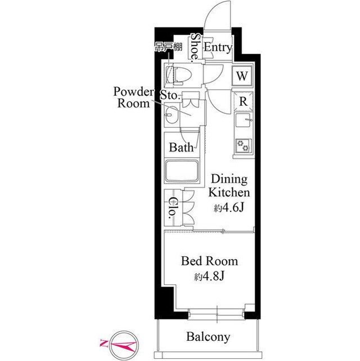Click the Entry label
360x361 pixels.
click(x=218, y=47)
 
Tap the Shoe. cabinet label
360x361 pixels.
click(x=195, y=47)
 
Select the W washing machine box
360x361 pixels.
click(x=242, y=75)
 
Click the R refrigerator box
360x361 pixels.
click(x=243, y=101)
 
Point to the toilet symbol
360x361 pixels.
click(x=179, y=75)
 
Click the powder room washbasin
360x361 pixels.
click(x=171, y=115)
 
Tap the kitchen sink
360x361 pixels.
click(x=244, y=120)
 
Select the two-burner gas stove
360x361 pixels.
click(x=244, y=146)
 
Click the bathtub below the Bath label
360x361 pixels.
click(x=182, y=171)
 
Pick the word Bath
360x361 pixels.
click(x=181, y=148)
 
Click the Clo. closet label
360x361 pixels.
click(x=173, y=207)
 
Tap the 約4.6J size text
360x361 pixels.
click(x=229, y=208)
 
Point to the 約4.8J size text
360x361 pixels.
click(x=209, y=277)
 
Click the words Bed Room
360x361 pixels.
click(x=209, y=261)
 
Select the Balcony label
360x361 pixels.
click(x=208, y=337)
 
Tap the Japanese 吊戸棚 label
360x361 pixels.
click(x=169, y=47)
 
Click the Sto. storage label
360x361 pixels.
click(x=169, y=95)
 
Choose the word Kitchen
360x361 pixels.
click(x=229, y=193)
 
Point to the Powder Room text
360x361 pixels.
click(x=133, y=97)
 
